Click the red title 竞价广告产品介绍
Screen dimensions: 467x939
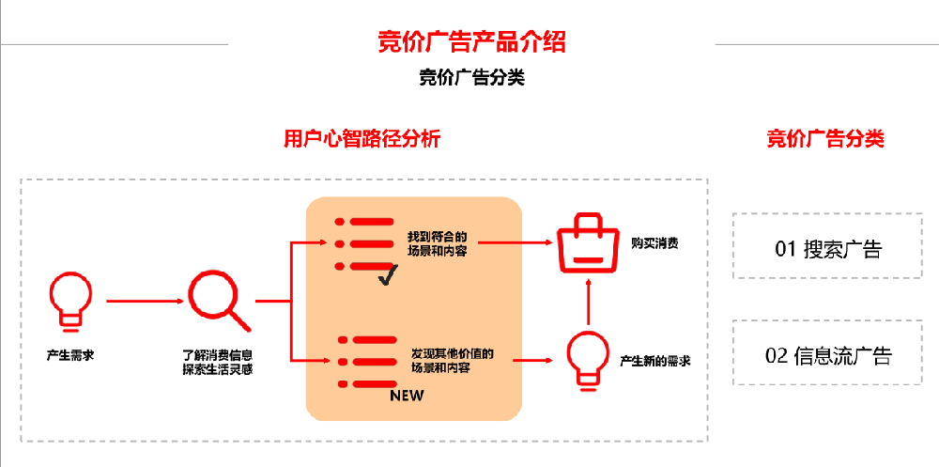tap(471, 41)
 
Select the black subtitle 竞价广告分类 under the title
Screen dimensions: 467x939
tap(471, 78)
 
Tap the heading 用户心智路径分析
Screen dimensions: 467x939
tap(362, 139)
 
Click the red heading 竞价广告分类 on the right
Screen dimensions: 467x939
tap(825, 139)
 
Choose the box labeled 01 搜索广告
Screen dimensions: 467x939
tap(827, 249)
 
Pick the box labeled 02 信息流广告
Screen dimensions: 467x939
tap(827, 356)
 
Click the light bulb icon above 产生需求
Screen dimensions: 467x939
tap(70, 300)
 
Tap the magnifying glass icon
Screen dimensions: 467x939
tap(218, 300)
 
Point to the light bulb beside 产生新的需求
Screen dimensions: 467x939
tap(589, 360)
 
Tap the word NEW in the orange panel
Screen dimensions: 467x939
tap(408, 396)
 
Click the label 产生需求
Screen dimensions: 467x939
tap(70, 355)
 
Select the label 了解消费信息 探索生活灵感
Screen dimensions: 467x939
tap(217, 362)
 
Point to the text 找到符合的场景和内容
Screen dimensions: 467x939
tap(438, 242)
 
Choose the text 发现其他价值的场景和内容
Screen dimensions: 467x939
tap(452, 361)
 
